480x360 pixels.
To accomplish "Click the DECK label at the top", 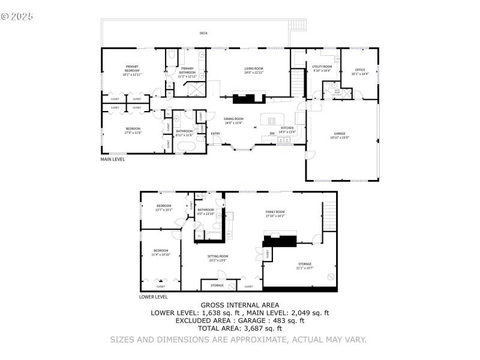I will tap(203, 33).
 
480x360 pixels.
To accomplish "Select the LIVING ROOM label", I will tap(254, 69).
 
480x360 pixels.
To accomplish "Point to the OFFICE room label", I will tap(360, 70).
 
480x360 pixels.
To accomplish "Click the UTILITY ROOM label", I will tap(322, 67).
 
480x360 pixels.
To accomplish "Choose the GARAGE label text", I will tap(340, 133).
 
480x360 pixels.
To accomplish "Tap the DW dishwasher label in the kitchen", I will tap(272, 134).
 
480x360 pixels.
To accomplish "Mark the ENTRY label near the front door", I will tap(215, 134).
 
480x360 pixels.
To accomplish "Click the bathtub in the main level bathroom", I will tap(184, 146).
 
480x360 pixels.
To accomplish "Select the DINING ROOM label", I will tap(233, 119).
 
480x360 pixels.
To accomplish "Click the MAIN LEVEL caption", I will tap(113, 160).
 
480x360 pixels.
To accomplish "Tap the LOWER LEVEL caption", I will tap(154, 296).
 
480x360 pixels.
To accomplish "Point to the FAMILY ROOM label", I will tap(275, 212).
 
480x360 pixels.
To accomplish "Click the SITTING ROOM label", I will tap(218, 256).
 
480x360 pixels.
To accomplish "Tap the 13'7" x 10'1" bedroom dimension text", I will tap(164, 210).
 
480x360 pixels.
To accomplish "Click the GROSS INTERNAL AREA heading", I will tap(239, 305).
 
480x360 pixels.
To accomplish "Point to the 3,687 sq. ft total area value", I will tap(262, 328).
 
